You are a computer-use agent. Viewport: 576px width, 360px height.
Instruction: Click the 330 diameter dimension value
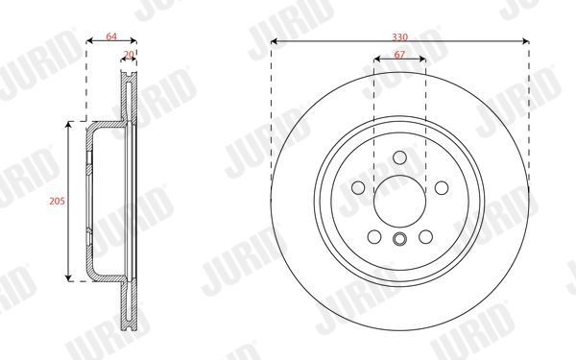click(399, 37)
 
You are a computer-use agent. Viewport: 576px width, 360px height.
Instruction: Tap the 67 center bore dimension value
click(399, 55)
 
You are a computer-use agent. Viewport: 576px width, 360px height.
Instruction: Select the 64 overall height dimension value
click(111, 36)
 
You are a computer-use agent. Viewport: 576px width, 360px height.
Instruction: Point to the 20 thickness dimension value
click(129, 55)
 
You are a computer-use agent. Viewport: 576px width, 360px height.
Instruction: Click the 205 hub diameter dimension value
click(57, 201)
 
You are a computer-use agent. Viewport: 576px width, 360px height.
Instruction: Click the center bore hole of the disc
click(399, 201)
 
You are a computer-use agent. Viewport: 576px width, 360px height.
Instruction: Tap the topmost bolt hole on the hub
click(399, 158)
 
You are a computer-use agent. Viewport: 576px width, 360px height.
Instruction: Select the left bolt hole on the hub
click(358, 188)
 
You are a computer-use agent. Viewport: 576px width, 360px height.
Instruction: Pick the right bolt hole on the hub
click(442, 188)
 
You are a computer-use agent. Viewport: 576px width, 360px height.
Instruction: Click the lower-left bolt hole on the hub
click(374, 237)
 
